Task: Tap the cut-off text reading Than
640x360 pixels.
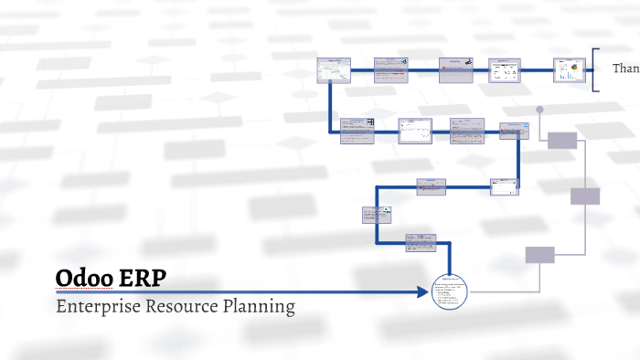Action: coord(625,69)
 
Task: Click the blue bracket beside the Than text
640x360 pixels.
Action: coord(595,69)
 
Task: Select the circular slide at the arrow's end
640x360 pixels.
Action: coord(451,292)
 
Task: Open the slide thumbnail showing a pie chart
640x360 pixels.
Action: coord(569,69)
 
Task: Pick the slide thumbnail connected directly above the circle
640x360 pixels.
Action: coord(421,243)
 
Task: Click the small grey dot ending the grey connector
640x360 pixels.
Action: coord(539,110)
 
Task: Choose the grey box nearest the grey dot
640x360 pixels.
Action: coord(562,140)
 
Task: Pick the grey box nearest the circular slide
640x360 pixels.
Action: coord(539,255)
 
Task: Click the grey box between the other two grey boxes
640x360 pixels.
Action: coord(585,196)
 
